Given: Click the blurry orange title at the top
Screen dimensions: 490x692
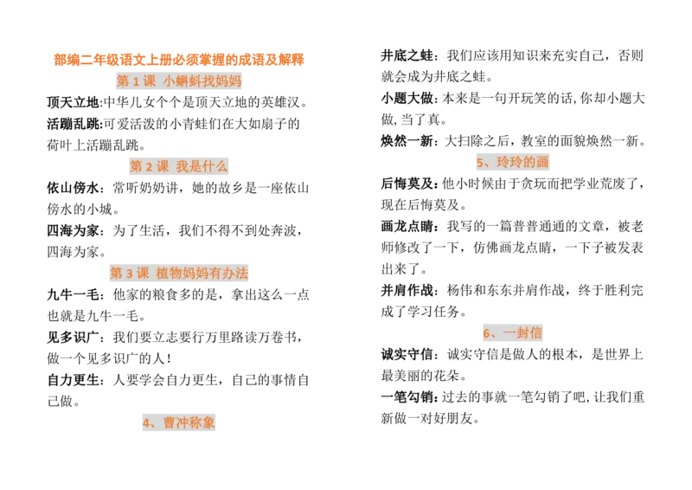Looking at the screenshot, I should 178,60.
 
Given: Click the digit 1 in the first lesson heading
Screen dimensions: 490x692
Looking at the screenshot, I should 137,81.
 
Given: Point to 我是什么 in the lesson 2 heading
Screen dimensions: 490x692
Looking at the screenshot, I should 202,166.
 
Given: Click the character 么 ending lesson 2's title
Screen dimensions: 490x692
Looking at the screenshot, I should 221,166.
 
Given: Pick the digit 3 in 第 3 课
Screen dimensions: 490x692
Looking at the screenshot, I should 130,274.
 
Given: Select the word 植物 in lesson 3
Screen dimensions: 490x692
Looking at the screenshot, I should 169,274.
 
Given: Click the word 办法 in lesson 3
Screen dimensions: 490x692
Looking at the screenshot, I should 234,274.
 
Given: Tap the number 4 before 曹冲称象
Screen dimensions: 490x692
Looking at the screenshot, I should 146,423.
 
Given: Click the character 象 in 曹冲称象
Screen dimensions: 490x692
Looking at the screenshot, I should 208,422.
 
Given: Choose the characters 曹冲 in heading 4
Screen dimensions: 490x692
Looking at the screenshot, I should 176,422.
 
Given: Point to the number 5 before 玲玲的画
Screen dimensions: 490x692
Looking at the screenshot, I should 480,163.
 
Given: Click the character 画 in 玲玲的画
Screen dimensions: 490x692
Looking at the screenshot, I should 542,162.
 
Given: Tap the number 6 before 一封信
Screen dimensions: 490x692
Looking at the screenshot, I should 486,333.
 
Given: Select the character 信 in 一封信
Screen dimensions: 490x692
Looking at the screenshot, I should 535,332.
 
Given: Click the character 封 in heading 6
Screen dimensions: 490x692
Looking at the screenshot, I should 522,332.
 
